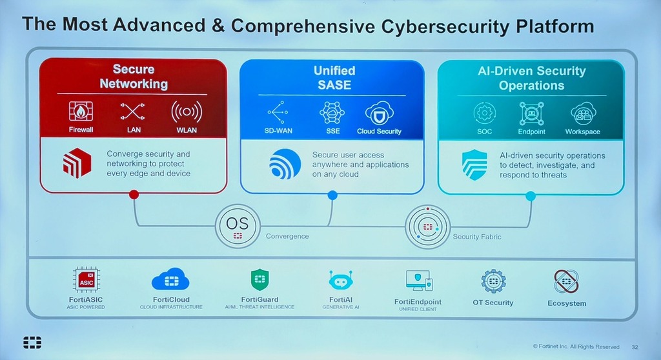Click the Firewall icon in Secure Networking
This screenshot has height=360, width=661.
pos(81,112)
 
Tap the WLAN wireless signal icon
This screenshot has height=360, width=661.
pos(187,112)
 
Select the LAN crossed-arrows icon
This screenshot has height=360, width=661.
pos(132,112)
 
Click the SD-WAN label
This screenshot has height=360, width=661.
pos(278,131)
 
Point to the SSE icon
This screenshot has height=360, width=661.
pos(332,112)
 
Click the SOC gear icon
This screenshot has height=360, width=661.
pos(484,113)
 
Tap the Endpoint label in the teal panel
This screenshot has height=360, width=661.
pos(532,132)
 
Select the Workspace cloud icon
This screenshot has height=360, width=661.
pos(584,114)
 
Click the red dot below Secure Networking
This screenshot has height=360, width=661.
pos(134,194)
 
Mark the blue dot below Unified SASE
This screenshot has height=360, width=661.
pos(332,195)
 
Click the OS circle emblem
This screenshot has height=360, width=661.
pos(238,226)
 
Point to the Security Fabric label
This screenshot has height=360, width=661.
pos(477,237)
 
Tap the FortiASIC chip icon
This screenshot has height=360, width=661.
pos(86,279)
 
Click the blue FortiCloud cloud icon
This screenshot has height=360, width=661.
pos(170,279)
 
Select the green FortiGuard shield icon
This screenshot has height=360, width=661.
pos(259,279)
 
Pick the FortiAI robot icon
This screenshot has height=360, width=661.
pos(341,281)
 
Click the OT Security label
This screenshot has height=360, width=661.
pos(493,303)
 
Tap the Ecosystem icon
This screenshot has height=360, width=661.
pos(567,281)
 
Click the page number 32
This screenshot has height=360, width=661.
pos(635,347)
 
